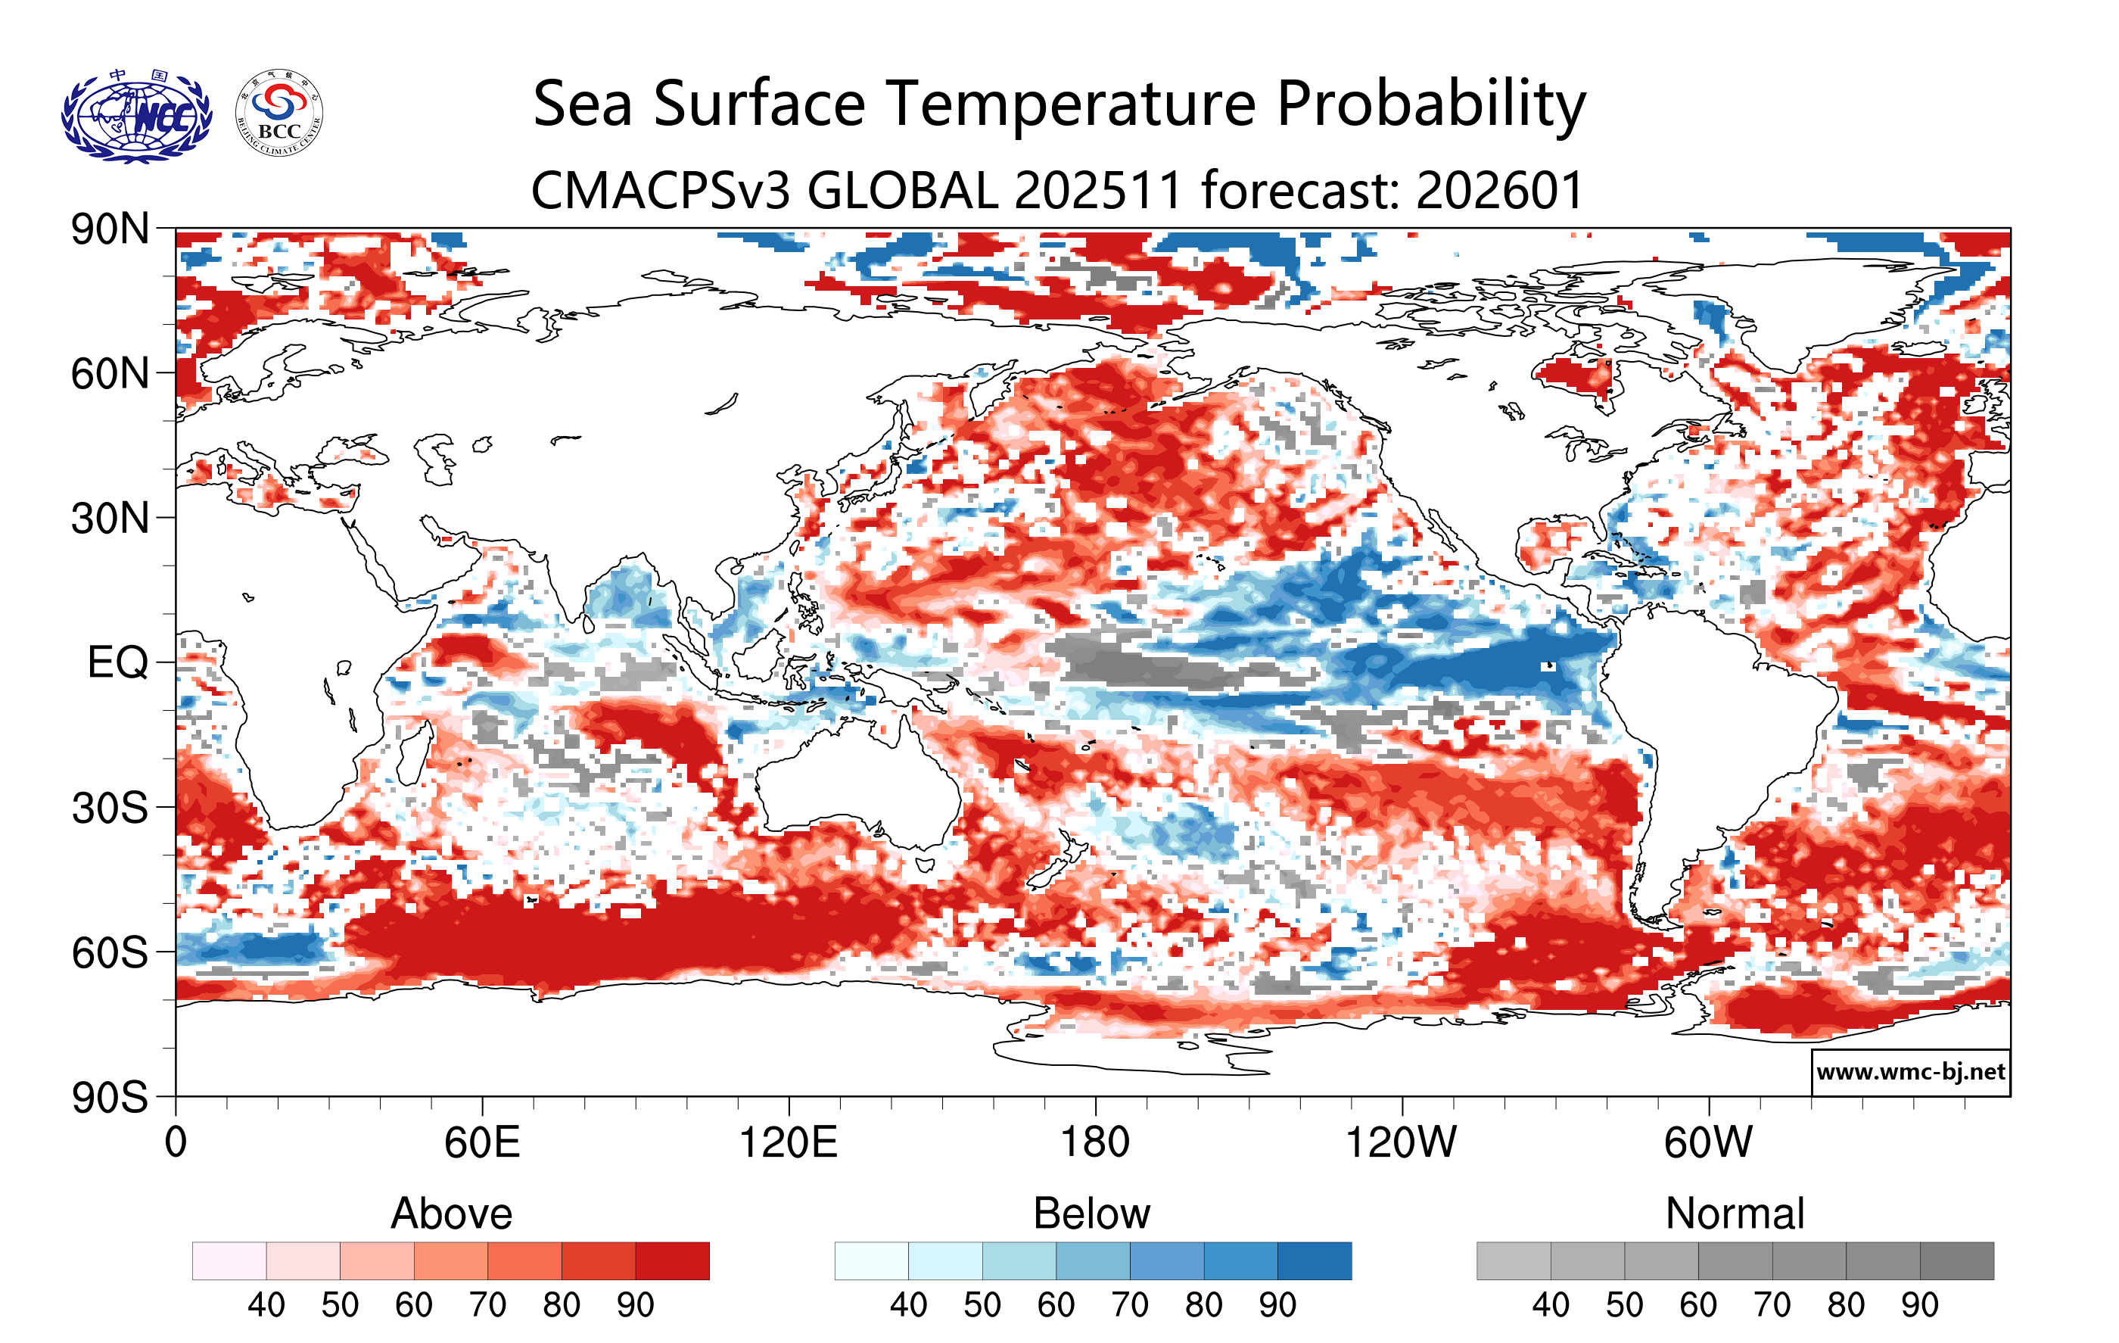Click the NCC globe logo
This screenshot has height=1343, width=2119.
point(136,116)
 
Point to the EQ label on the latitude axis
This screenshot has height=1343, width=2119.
point(117,662)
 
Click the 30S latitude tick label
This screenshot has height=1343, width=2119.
point(110,808)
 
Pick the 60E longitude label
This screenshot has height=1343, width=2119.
point(481,1143)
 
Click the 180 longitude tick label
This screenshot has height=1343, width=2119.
point(1095,1143)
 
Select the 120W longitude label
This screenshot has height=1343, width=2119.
point(1401,1143)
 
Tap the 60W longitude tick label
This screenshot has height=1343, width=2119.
point(1708,1143)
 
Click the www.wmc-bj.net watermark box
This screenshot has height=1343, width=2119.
point(1910,1072)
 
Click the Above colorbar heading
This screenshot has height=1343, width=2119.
point(452,1214)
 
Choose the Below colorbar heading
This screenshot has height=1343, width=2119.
point(1091,1214)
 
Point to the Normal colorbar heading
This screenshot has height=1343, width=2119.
point(1735,1214)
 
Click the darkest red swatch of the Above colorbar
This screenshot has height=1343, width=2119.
point(672,1260)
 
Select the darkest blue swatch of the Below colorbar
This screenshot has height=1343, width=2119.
point(1315,1260)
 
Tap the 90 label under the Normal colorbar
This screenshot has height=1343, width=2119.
point(1919,1305)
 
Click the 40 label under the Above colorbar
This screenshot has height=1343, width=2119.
point(266,1305)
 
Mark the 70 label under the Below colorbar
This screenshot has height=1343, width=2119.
point(1129,1305)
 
